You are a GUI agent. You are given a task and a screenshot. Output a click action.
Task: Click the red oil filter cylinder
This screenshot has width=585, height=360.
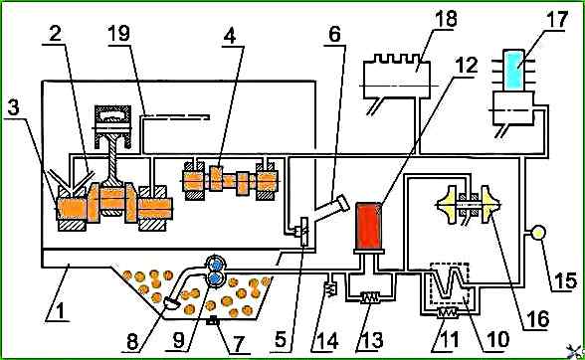click(368, 226)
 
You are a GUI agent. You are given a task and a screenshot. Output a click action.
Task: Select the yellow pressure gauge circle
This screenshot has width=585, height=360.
click(538, 233)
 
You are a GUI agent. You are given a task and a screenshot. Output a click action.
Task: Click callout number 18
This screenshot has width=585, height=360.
click(446, 18)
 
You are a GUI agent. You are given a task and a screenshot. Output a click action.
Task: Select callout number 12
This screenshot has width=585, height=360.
click(467, 66)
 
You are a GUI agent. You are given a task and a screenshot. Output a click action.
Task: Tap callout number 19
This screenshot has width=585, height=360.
click(118, 33)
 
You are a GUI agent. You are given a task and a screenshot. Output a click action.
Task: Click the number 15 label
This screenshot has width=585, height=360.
click(565, 280)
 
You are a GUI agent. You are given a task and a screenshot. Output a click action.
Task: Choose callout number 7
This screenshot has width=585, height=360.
click(238, 343)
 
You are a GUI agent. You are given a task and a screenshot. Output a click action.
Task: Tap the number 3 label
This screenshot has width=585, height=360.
click(14, 108)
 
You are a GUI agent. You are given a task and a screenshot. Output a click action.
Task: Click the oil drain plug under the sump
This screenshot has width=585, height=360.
click(212, 319)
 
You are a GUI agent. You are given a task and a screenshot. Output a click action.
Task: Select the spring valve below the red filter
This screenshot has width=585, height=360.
click(370, 297)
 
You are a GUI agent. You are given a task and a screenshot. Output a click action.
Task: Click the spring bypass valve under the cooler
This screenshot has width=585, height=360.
click(447, 313)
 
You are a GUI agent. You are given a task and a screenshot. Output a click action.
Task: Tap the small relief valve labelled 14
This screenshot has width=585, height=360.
click(331, 288)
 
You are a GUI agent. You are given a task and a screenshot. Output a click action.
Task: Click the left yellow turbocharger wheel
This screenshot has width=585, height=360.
click(451, 205)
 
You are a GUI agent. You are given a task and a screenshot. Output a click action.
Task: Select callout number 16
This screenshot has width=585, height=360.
click(539, 318)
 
